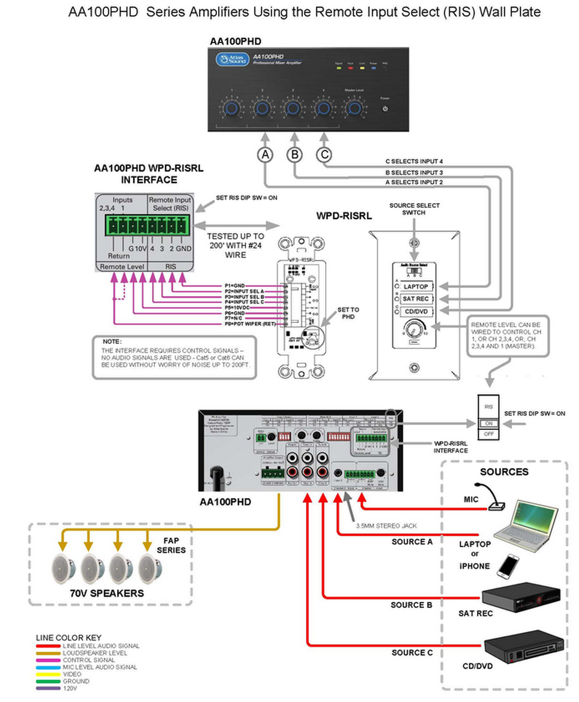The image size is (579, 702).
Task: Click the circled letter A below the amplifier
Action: tap(266, 154)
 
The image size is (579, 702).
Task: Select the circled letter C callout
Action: tap(325, 154)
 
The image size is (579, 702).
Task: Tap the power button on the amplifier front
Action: tap(384, 109)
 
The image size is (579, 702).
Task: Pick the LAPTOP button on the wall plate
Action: tap(416, 287)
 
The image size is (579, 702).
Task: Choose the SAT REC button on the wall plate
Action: tap(416, 299)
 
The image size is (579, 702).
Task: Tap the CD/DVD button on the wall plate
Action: tap(416, 311)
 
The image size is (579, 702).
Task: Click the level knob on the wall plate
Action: tap(415, 329)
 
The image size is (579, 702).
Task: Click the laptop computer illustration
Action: tap(525, 522)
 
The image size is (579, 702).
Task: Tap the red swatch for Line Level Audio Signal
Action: tap(49, 646)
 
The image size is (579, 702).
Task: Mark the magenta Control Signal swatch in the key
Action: tap(49, 660)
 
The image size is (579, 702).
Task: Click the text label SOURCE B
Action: tap(412, 605)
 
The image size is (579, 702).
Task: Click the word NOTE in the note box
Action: tap(111, 341)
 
